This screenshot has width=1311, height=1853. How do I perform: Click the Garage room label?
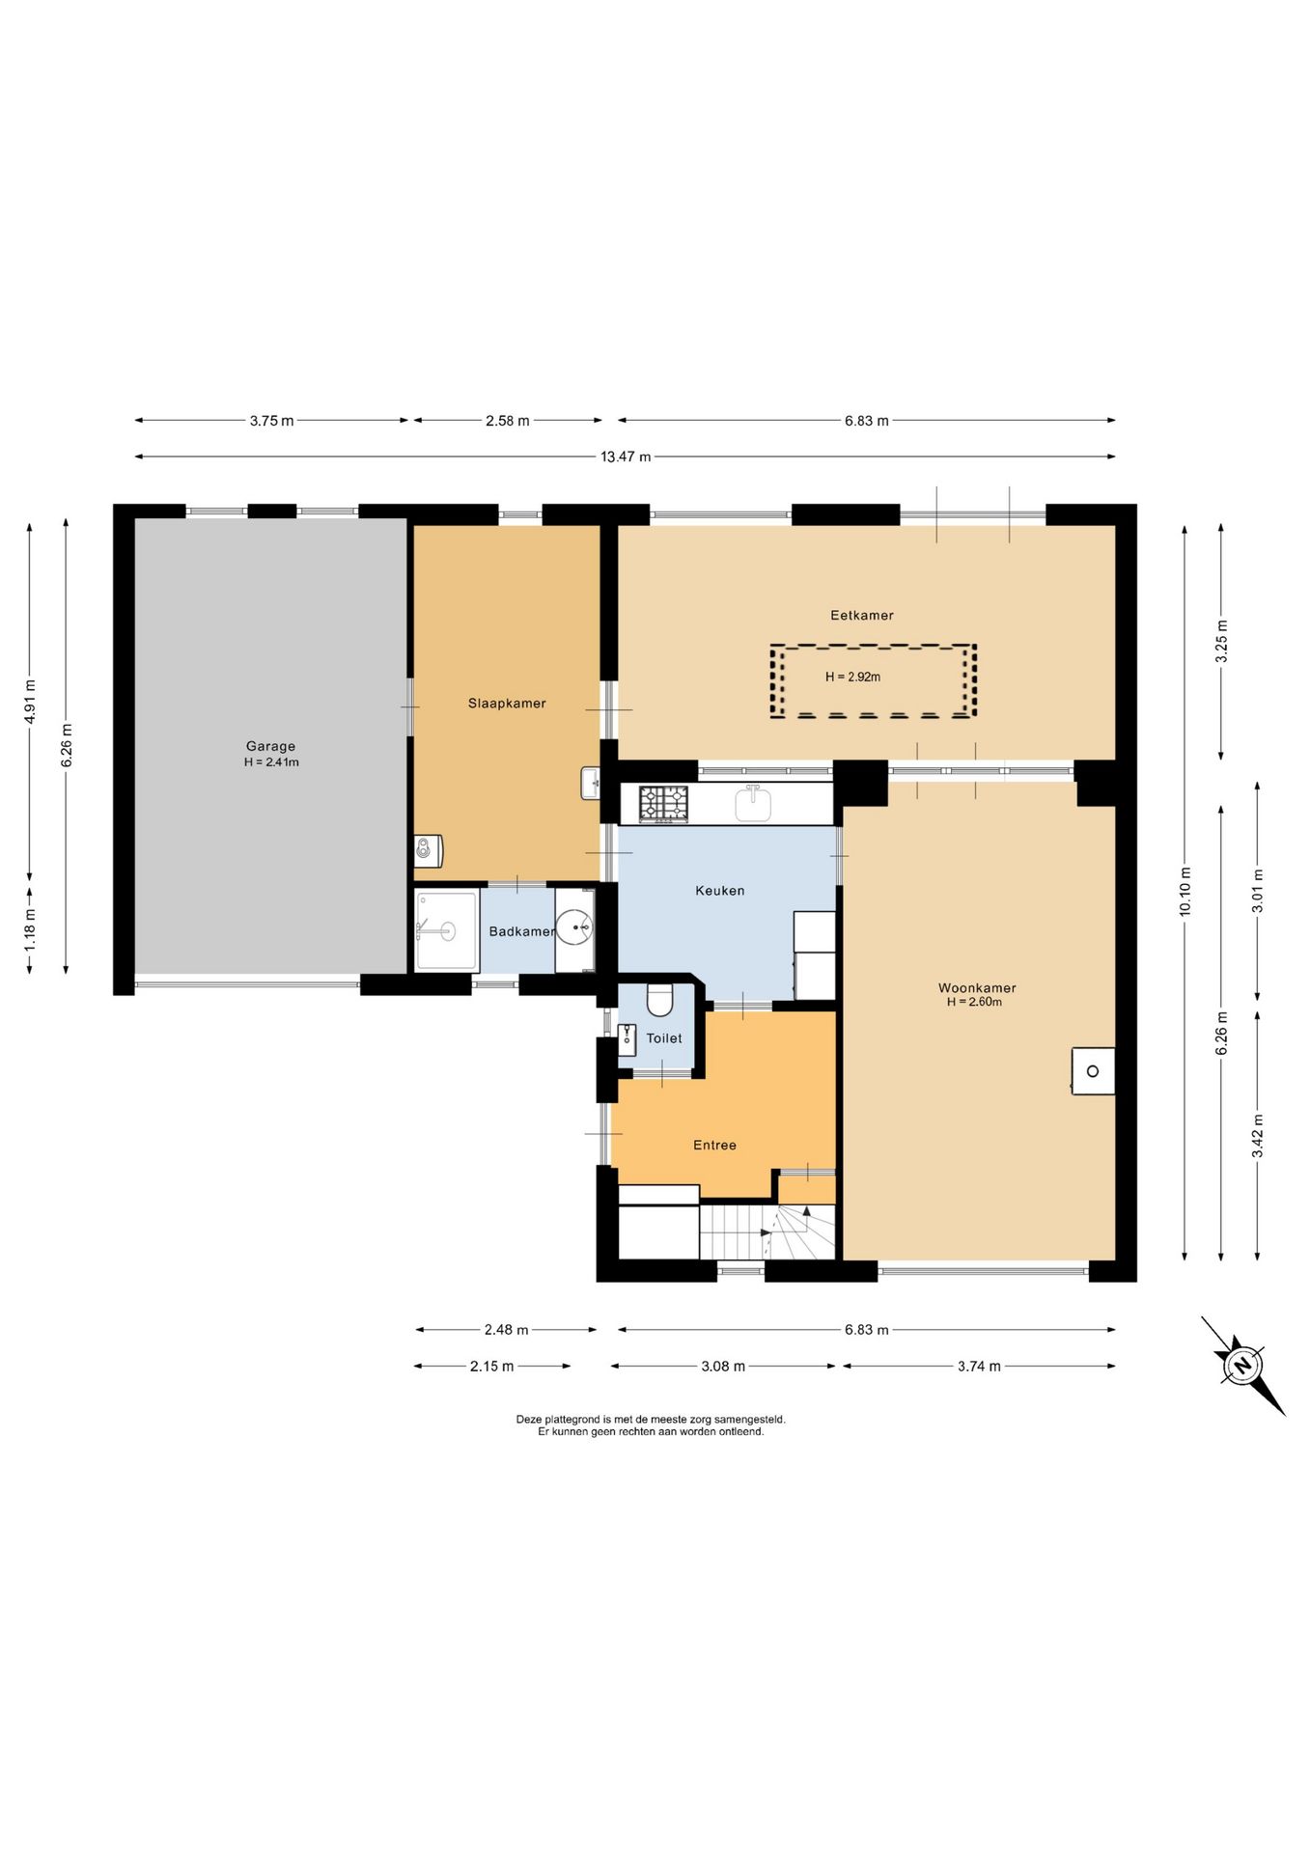tap(270, 746)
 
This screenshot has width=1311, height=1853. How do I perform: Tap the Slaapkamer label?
tap(507, 704)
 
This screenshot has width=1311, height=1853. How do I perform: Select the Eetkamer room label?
tap(862, 615)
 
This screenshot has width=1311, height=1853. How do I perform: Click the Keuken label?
tap(720, 891)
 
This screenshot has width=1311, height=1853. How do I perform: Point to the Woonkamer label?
tap(977, 987)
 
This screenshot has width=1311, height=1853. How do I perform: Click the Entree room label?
tap(714, 1146)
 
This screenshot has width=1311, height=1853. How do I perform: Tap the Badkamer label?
tap(521, 931)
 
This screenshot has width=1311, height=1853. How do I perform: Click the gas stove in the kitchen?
tap(663, 804)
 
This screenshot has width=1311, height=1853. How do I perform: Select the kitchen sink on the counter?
tap(753, 803)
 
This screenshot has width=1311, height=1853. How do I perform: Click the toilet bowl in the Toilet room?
tap(659, 1000)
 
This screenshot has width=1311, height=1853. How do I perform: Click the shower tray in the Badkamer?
tap(446, 930)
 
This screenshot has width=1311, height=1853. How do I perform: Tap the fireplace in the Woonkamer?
tap(1093, 1071)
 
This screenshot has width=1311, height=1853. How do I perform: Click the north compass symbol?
tap(1242, 1366)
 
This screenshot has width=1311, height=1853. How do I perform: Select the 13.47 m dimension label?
tap(626, 456)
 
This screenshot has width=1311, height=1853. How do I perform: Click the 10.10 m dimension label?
tap(1185, 892)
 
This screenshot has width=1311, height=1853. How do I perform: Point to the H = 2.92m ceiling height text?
tap(852, 678)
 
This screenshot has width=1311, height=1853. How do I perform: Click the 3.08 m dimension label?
tap(723, 1367)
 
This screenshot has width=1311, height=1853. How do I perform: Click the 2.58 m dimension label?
tap(507, 421)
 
